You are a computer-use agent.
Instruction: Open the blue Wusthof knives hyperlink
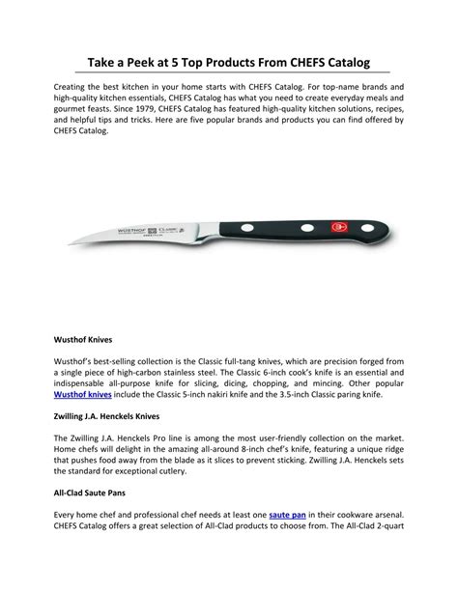(84, 395)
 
